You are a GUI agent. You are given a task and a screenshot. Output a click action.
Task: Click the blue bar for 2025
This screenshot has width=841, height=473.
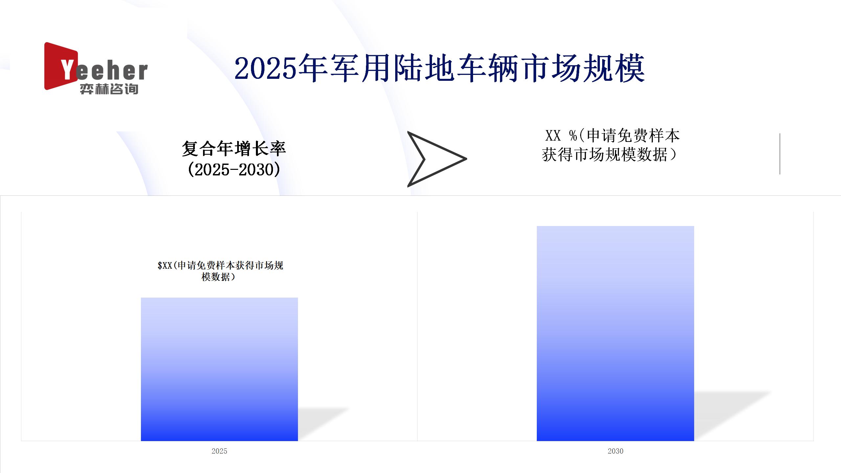219,369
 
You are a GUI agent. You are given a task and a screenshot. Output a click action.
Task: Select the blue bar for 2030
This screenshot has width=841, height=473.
615,333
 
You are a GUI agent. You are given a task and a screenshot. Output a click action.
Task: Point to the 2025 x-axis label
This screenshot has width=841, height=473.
219,451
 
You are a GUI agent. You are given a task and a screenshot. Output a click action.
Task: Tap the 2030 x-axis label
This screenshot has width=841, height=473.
615,451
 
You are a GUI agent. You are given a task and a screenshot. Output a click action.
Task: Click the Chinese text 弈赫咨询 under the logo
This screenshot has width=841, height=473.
109,89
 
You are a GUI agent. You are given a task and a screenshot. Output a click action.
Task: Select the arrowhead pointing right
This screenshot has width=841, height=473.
437,159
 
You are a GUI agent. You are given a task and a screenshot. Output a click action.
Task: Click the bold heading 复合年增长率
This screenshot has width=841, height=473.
234,148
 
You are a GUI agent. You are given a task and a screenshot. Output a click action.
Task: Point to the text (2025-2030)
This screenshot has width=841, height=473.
234,169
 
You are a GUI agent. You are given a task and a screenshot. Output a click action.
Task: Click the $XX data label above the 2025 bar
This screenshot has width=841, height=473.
220,271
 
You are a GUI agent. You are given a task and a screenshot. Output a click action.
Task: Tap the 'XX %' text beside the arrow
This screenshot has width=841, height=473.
561,135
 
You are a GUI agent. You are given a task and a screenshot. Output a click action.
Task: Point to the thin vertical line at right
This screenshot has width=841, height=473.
780,154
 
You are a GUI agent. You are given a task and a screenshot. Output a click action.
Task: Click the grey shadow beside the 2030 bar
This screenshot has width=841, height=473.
731,416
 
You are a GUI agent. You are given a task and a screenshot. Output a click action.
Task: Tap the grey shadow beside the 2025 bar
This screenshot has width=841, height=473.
322,424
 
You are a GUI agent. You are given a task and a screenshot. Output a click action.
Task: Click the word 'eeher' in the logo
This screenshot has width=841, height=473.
112,71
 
